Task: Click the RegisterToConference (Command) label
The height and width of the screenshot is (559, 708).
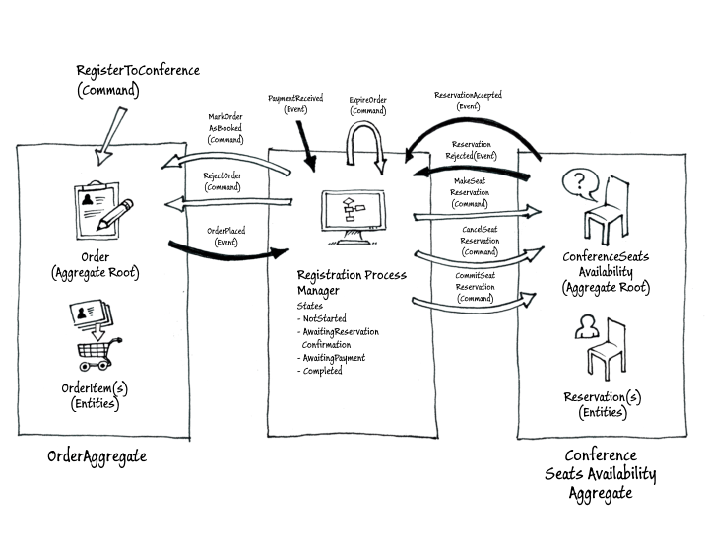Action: [x=138, y=80]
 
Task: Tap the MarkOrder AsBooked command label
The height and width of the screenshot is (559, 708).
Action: [x=225, y=128]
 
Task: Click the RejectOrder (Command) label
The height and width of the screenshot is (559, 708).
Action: [x=223, y=181]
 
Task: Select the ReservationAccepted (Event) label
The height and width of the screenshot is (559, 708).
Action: [x=468, y=100]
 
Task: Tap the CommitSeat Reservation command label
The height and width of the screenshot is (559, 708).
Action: [x=475, y=286]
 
